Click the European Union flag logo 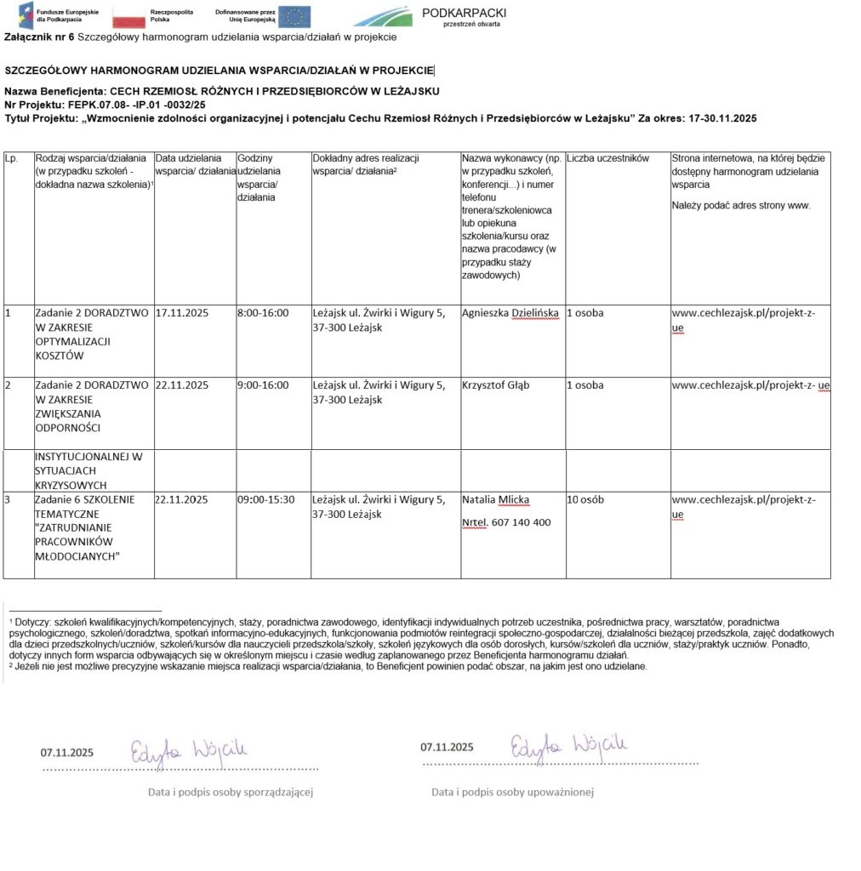coord(294,16)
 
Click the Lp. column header coord(11,158)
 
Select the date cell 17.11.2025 coord(181,313)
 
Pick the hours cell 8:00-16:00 coord(263,313)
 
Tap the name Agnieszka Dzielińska coord(510,313)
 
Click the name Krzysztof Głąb coord(495,385)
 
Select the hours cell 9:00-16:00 coord(263,385)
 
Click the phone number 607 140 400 coord(521,522)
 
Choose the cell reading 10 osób coord(585,499)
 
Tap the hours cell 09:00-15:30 coord(266,499)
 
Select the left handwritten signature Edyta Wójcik coord(188,749)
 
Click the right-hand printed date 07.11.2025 coord(448,747)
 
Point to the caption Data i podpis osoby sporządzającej coord(231,792)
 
